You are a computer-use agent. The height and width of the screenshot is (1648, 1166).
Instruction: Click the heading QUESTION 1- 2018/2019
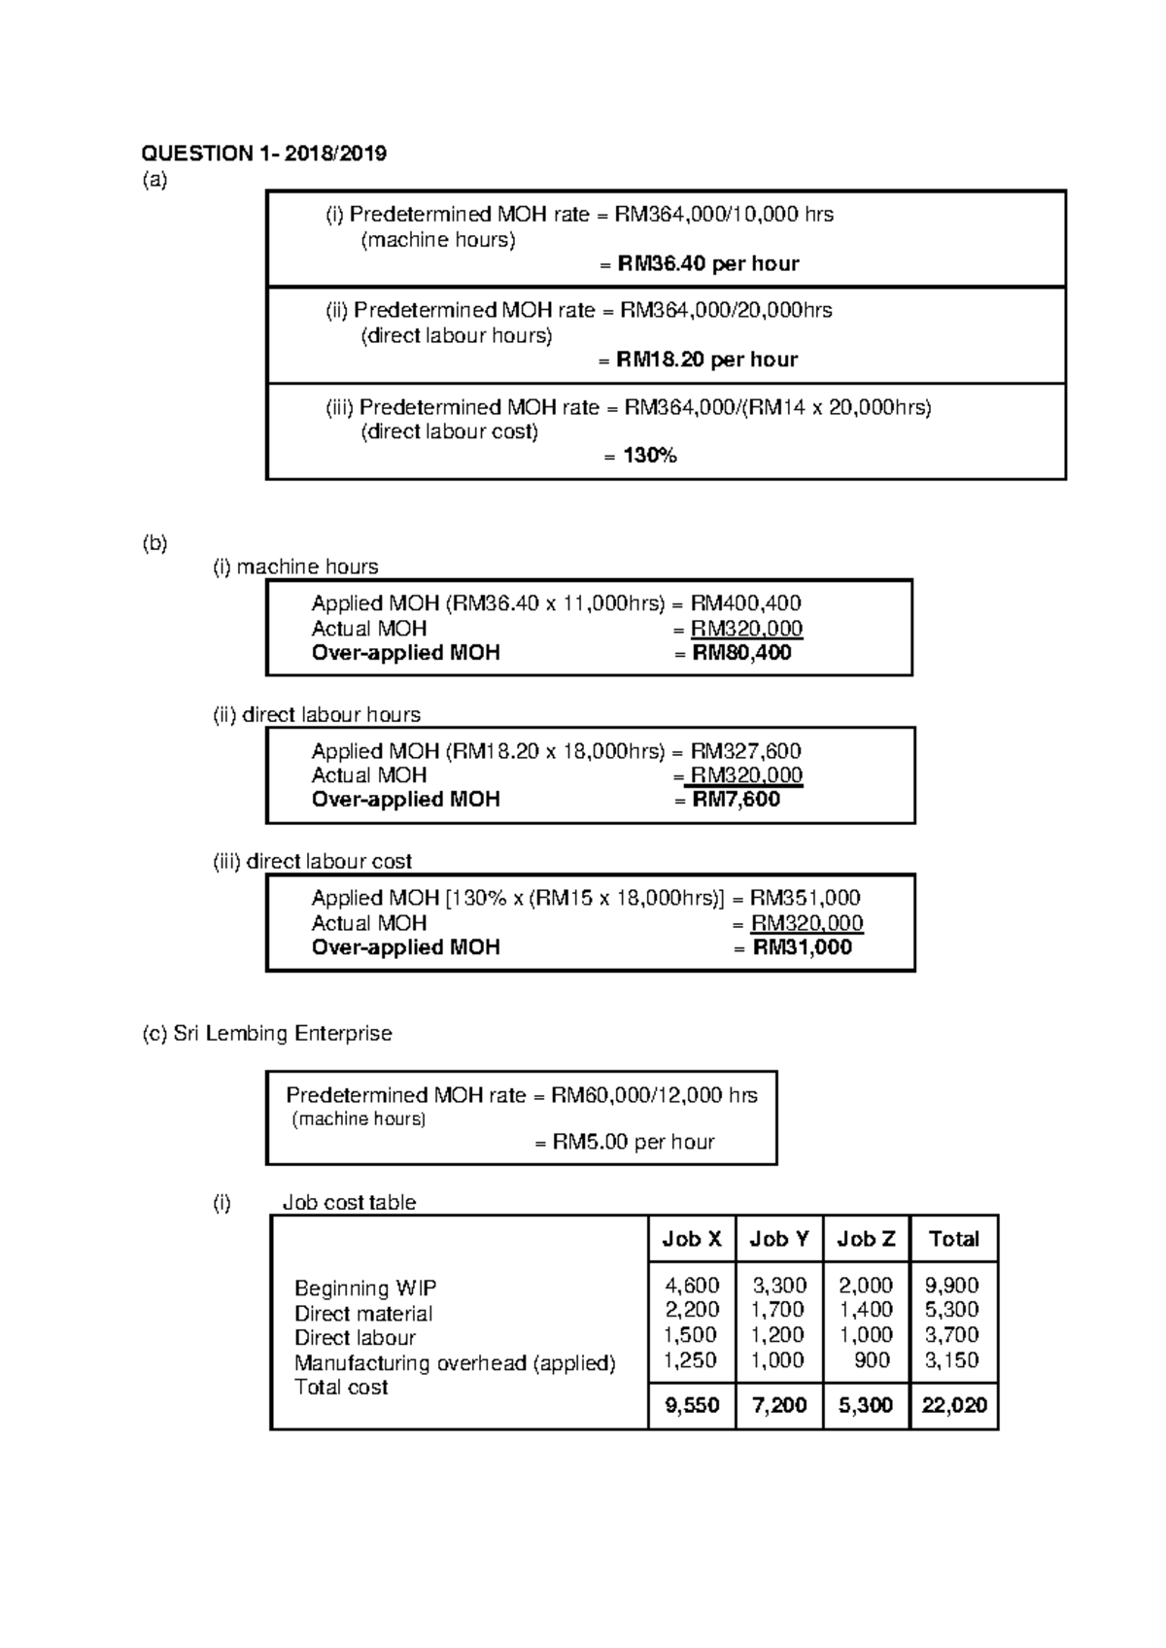point(264,153)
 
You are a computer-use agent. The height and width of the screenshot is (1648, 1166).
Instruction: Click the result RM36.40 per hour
point(707,263)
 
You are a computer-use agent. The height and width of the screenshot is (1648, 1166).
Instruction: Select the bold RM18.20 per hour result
point(706,360)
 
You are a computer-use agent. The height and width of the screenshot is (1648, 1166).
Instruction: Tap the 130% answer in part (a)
point(650,455)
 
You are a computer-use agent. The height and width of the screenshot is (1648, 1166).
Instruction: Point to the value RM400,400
point(745,603)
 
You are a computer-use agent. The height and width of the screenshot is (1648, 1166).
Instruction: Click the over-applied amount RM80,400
point(741,653)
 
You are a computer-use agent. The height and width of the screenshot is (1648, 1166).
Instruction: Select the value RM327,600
point(745,751)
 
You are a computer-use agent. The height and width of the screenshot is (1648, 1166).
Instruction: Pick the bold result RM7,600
point(736,800)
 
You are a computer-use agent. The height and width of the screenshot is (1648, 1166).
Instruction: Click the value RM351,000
point(805,898)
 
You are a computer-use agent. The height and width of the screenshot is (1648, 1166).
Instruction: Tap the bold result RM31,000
point(802,947)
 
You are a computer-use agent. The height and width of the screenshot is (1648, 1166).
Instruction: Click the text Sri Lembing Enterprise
point(282,1034)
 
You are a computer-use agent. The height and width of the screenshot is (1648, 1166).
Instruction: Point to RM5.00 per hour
point(633,1142)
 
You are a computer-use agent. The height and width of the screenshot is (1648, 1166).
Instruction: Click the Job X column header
point(691,1239)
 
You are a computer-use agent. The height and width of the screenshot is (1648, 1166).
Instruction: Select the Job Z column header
point(866,1239)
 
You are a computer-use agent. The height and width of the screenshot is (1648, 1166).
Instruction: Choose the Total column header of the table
point(953,1239)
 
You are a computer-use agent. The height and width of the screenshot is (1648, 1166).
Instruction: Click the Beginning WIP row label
point(365,1288)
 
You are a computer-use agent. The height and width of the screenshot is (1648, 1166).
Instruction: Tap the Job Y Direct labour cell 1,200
point(777,1335)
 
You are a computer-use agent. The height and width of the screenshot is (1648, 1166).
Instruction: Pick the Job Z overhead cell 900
point(872,1360)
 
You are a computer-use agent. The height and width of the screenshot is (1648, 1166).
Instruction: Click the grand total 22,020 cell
point(953,1405)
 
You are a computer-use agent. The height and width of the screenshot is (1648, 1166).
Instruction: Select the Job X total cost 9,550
point(691,1405)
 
